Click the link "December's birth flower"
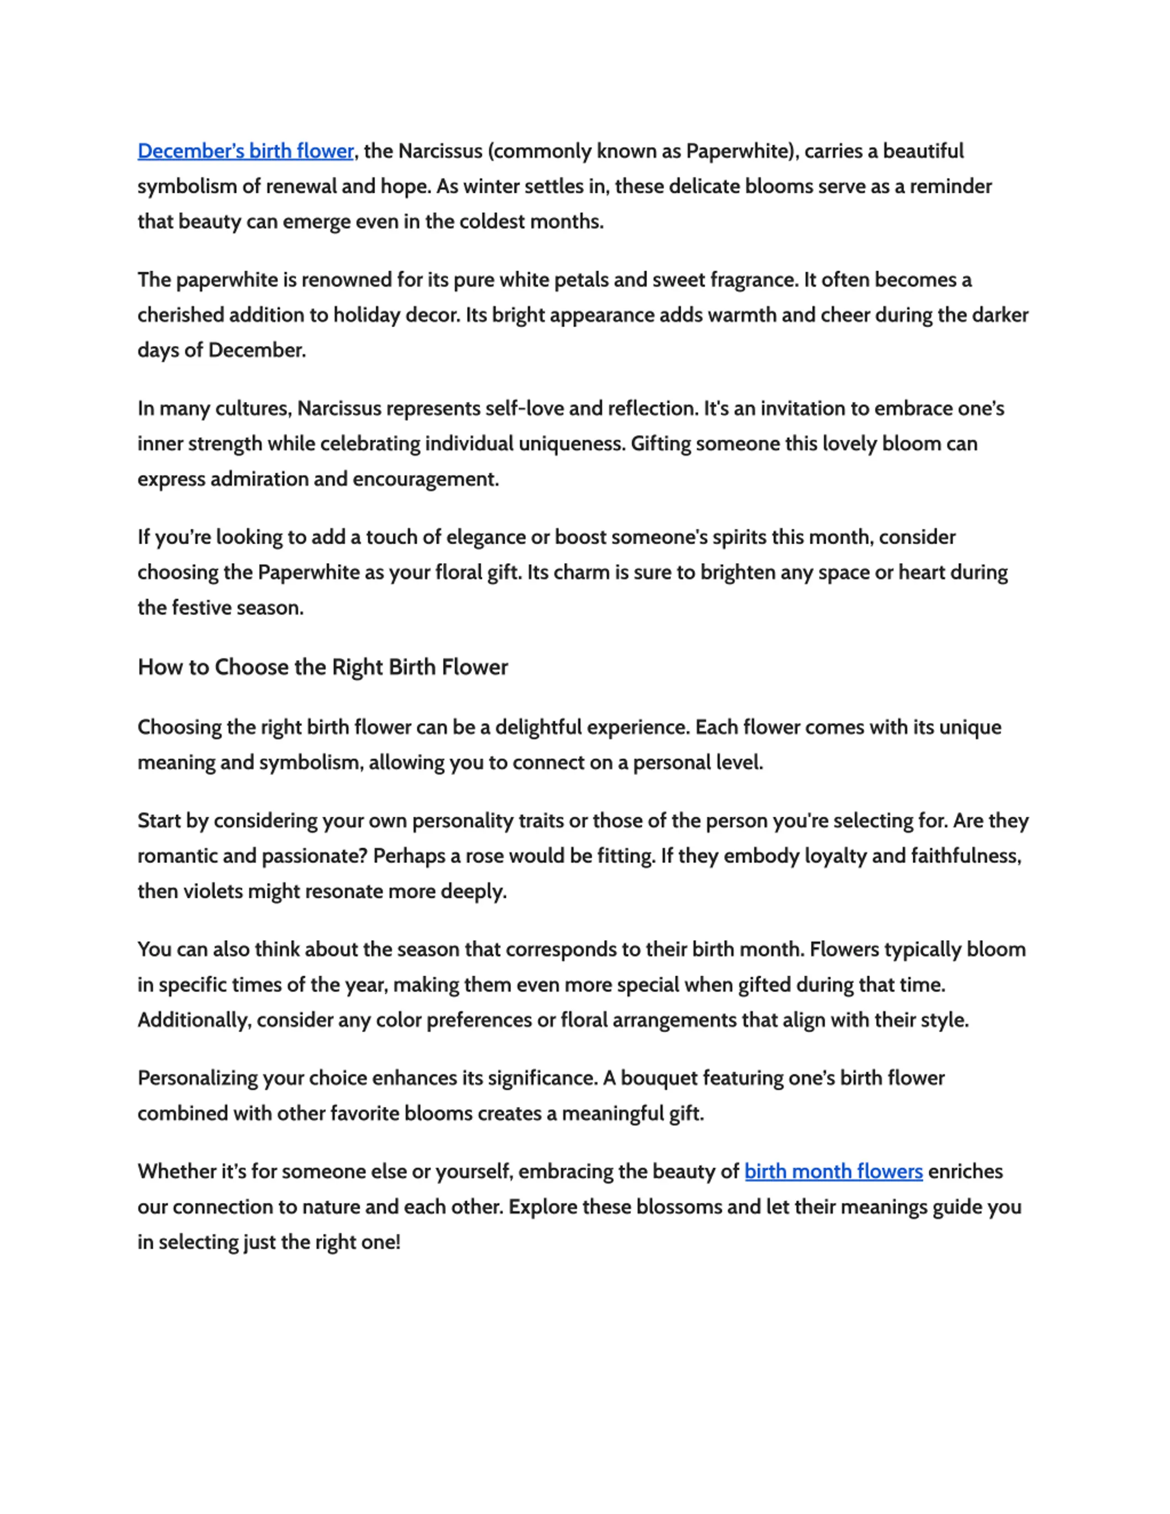(x=245, y=151)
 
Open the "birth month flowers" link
(x=833, y=1172)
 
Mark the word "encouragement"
(x=425, y=479)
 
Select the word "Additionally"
(x=193, y=1020)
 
